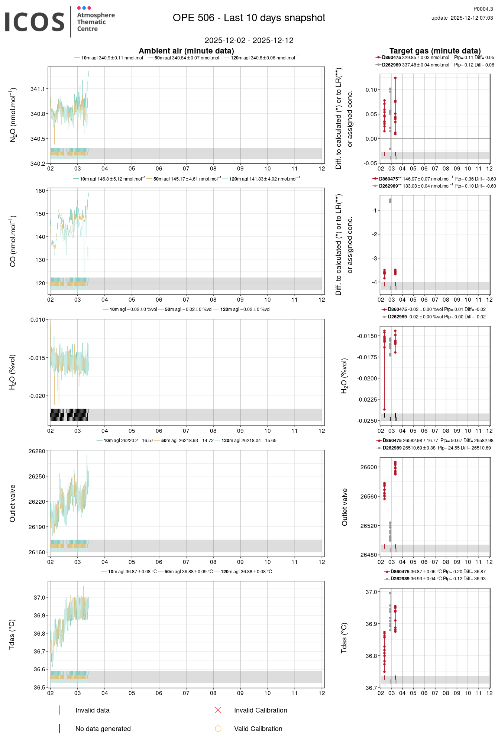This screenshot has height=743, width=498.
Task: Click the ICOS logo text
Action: coord(35,22)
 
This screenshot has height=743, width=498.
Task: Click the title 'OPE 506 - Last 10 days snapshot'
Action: coord(249,18)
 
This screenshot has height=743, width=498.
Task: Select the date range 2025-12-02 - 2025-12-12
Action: coord(249,40)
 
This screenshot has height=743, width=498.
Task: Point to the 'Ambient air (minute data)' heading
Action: coord(186,51)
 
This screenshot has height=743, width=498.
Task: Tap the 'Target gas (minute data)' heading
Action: coord(435,51)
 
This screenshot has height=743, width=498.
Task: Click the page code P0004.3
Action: coord(483,9)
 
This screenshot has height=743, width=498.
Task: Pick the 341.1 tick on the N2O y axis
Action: coord(38,89)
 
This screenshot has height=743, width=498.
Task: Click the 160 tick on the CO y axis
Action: coord(40,191)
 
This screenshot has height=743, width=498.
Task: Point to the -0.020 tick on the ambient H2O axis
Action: coord(37,396)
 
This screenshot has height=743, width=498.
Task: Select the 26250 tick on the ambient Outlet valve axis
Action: coord(37,477)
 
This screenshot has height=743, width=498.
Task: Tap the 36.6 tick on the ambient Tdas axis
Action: coord(39,669)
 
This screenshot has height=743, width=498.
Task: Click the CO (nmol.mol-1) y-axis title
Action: coord(13,241)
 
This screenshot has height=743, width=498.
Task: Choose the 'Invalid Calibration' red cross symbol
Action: coord(218,710)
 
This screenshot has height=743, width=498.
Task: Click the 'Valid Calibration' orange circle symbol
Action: coord(218,729)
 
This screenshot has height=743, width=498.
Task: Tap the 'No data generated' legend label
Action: coord(103,729)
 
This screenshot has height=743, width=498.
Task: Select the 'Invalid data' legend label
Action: coord(92,710)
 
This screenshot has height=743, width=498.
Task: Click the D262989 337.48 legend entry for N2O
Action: coord(435,65)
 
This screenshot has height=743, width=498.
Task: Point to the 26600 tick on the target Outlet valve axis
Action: coord(368,467)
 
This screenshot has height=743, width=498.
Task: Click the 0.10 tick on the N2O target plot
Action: coord(371,90)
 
